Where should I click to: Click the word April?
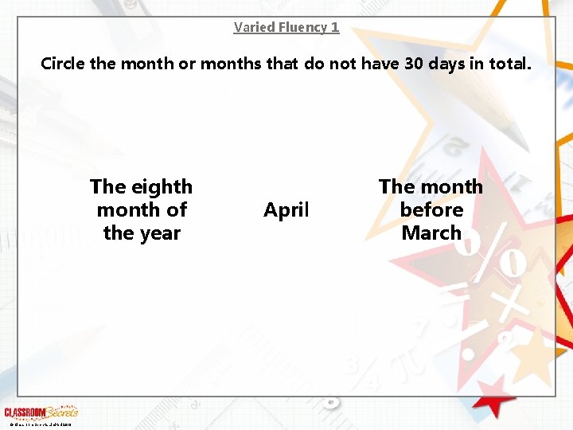[286, 210]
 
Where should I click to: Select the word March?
[431, 233]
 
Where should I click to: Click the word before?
[431, 210]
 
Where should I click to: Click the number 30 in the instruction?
[414, 64]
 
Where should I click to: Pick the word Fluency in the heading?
[302, 27]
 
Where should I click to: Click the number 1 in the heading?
[335, 27]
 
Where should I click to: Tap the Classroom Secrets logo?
[41, 412]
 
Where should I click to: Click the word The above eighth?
[108, 187]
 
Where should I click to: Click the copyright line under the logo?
[38, 424]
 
